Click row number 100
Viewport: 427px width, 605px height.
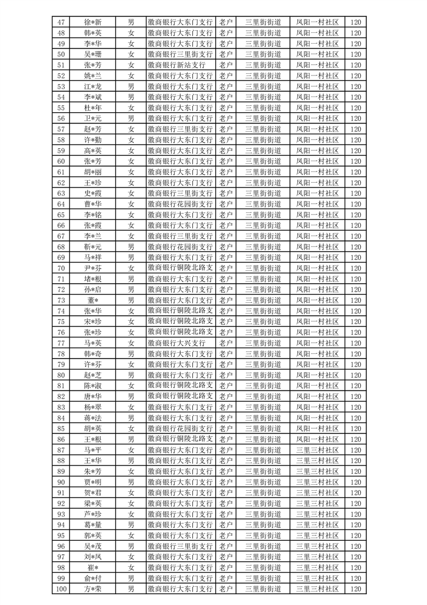click(x=61, y=589)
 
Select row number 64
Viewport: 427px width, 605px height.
click(x=61, y=204)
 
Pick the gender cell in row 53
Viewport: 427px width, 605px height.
click(x=131, y=86)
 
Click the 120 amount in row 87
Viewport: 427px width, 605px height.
click(x=355, y=450)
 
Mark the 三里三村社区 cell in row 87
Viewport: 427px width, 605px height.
click(x=318, y=450)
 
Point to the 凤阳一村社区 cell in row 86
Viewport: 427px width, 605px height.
click(x=318, y=439)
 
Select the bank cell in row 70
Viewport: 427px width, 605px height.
click(x=180, y=268)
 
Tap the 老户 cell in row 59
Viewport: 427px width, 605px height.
click(x=226, y=151)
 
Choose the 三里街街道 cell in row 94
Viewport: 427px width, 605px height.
click(x=263, y=525)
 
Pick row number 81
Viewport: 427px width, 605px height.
click(x=61, y=386)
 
